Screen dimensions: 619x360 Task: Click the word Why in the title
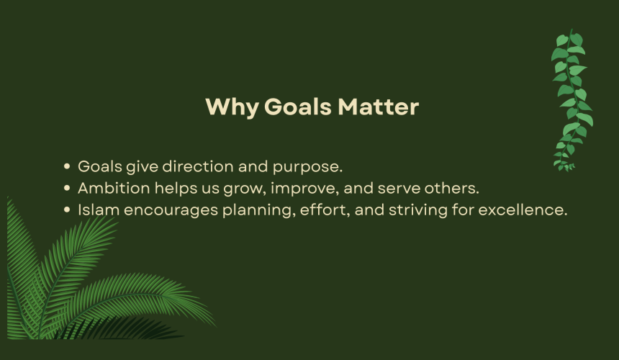pyautogui.click(x=232, y=107)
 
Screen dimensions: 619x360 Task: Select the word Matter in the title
pyautogui.click(x=378, y=107)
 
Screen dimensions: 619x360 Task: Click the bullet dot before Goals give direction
pyautogui.click(x=67, y=166)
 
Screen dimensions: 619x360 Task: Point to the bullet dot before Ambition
pyautogui.click(x=67, y=189)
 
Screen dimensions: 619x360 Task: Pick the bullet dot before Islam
pyautogui.click(x=67, y=210)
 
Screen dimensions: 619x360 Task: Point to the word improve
pyautogui.click(x=303, y=189)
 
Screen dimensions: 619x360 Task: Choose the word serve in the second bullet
pyautogui.click(x=399, y=189)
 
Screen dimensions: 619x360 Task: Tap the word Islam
pyautogui.click(x=99, y=210)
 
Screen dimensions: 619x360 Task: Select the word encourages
pyautogui.click(x=171, y=211)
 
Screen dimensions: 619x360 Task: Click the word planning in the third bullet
pyautogui.click(x=258, y=211)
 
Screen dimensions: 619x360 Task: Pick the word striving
pyautogui.click(x=418, y=210)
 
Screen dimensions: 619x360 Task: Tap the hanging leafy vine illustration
pyautogui.click(x=571, y=101)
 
